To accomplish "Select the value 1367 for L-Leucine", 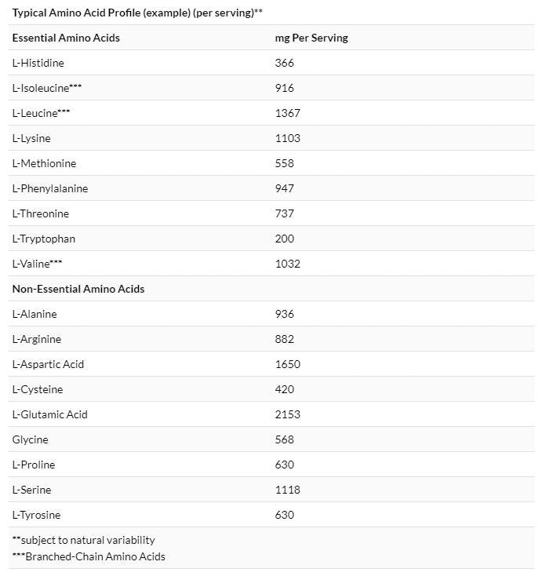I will (x=287, y=113).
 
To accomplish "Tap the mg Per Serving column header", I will (x=311, y=38).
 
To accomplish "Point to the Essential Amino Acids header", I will (x=66, y=38).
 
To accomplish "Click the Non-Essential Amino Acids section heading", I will (x=78, y=289).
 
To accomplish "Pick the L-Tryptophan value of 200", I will (x=284, y=239).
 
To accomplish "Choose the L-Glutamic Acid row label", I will (x=50, y=414).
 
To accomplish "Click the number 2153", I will (x=287, y=414).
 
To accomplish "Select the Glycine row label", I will (x=30, y=439).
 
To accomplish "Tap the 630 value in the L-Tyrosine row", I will (x=284, y=515).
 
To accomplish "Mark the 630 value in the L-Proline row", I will (x=284, y=465).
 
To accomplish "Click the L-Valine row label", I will (x=37, y=264).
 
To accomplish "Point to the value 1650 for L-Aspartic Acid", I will (x=287, y=364).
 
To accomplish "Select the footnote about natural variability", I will (x=83, y=540).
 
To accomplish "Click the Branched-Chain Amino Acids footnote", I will (x=89, y=557).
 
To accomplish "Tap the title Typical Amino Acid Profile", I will (x=137, y=13).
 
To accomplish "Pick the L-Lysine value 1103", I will (x=287, y=138).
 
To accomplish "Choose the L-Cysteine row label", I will (x=38, y=389).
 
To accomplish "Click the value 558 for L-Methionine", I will (x=284, y=163).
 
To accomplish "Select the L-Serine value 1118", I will (x=287, y=490).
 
